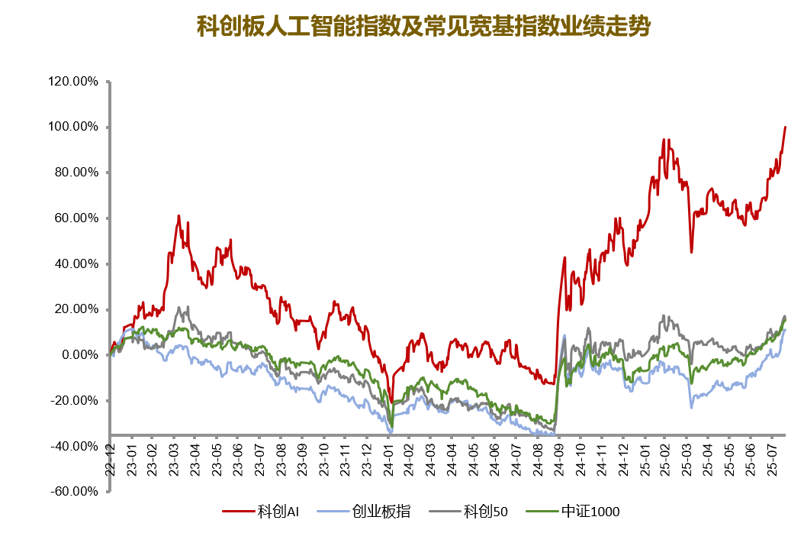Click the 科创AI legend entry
tap(263, 512)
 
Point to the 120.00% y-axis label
tap(72, 81)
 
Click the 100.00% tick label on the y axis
tap(72, 127)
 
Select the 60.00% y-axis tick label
tap(75, 218)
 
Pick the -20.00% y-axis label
tap(73, 401)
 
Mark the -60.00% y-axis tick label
tap(73, 492)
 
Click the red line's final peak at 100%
tap(785, 127)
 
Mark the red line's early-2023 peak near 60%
tap(178, 216)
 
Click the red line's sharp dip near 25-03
tap(691, 252)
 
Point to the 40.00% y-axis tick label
tap(75, 264)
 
